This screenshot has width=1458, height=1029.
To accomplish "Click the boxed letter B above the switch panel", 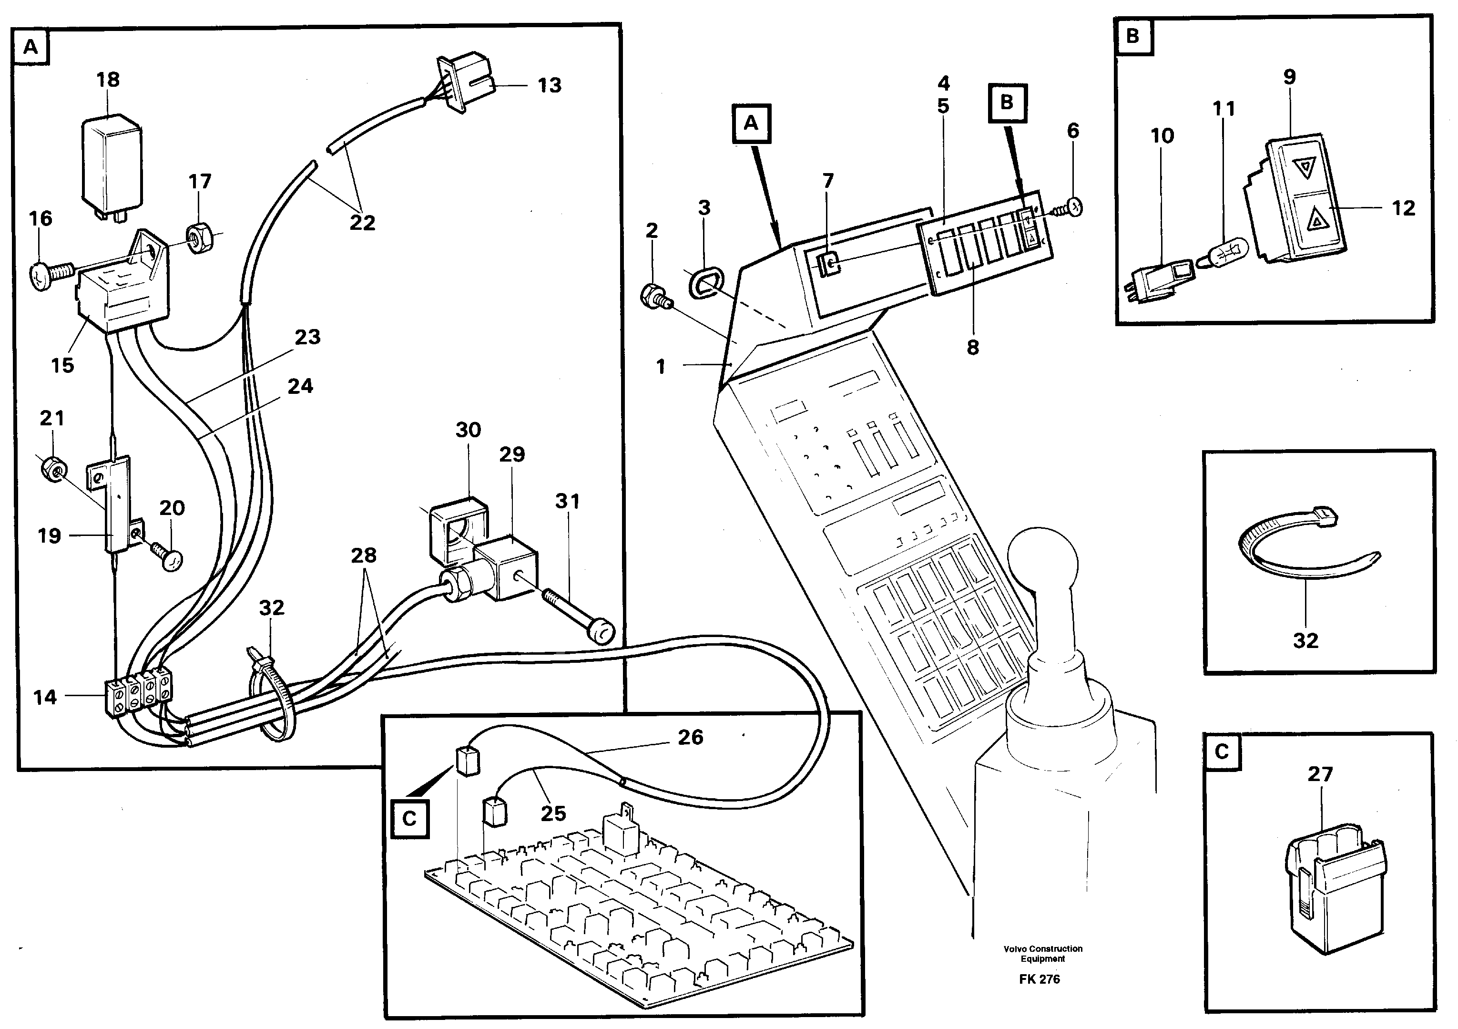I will tap(1007, 103).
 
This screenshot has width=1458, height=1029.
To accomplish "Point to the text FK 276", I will tap(1040, 979).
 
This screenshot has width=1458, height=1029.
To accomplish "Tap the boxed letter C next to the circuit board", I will tap(409, 818).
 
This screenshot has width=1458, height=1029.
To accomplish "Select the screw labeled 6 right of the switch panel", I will tap(1072, 206).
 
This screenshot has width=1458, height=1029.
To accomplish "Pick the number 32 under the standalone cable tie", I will tap(1305, 640).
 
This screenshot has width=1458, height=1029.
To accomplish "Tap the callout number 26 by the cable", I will tap(690, 737).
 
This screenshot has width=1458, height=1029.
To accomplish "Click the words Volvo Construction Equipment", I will tap(1043, 953).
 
